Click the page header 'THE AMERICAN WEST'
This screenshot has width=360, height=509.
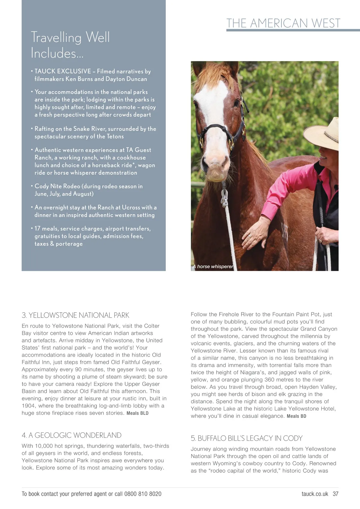(283, 23)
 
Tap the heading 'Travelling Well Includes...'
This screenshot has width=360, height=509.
(70, 45)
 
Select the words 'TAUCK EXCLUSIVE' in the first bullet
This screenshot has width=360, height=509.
(63, 71)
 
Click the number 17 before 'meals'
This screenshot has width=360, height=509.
(37, 229)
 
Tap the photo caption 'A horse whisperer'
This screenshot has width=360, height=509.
(213, 267)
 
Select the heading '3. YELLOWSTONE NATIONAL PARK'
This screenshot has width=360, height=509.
(75, 315)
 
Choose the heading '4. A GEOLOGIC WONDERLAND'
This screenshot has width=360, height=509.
(71, 435)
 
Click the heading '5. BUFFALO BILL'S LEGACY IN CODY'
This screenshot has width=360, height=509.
(247, 438)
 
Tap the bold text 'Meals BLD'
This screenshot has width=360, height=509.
(137, 413)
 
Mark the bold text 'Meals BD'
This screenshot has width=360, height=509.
(296, 416)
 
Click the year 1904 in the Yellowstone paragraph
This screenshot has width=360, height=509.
(28, 406)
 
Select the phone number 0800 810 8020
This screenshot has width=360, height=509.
(143, 494)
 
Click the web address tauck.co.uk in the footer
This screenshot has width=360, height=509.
(315, 494)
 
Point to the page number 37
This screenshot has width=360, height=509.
(335, 494)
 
